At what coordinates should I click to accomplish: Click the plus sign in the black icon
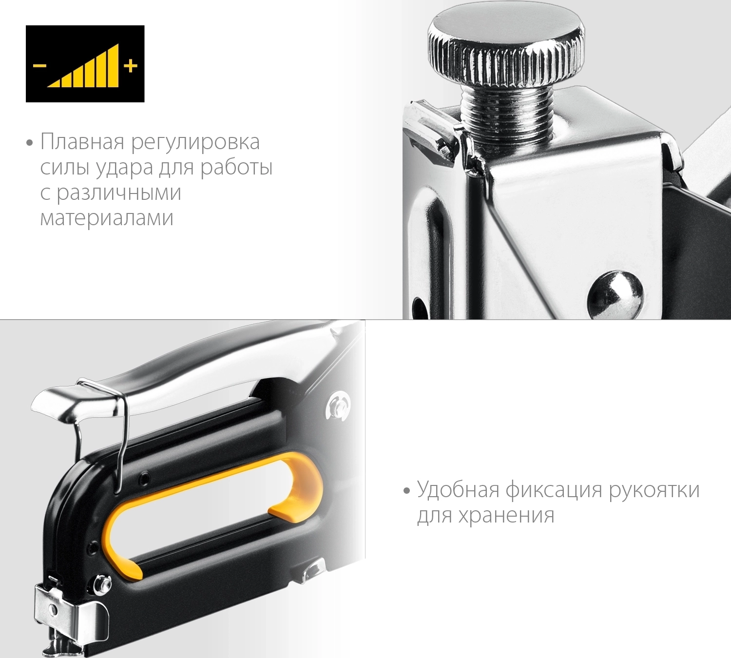pos(131,66)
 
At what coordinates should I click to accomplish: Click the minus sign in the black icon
pos(40,66)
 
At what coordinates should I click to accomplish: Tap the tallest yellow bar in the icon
pos(114,65)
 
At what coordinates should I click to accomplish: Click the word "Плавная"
pos(82,142)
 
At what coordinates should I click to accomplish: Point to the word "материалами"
pos(107,218)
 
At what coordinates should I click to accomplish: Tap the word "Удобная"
pos(458,489)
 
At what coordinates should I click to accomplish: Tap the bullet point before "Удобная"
pos(407,491)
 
